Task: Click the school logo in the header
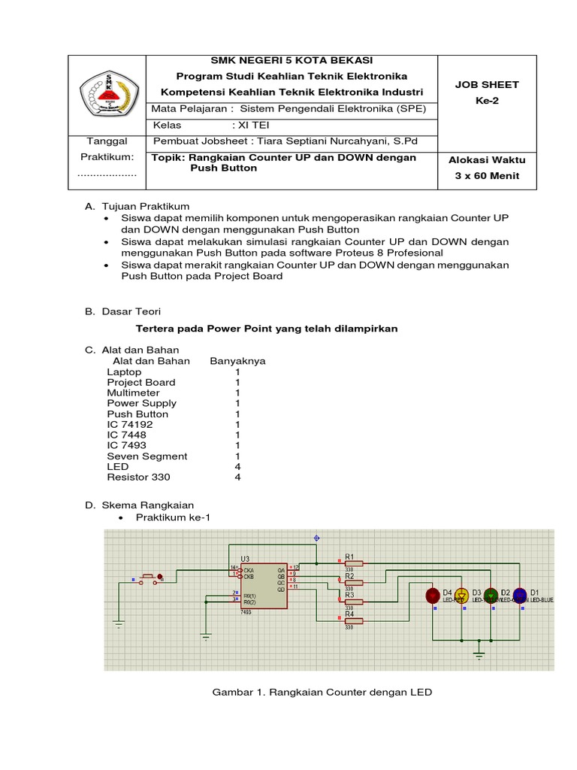pos(107,94)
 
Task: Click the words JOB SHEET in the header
pos(486,85)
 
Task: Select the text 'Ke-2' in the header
pos(487,100)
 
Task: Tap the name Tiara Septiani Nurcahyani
pos(307,141)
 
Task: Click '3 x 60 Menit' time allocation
pos(487,176)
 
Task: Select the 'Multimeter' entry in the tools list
pos(133,393)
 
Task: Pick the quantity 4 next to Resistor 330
pos(237,477)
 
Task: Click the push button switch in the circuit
pos(150,578)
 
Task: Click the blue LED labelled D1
pos(519,595)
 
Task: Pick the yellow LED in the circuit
pos(462,596)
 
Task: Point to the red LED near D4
pos(433,596)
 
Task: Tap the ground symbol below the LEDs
pos(479,656)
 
